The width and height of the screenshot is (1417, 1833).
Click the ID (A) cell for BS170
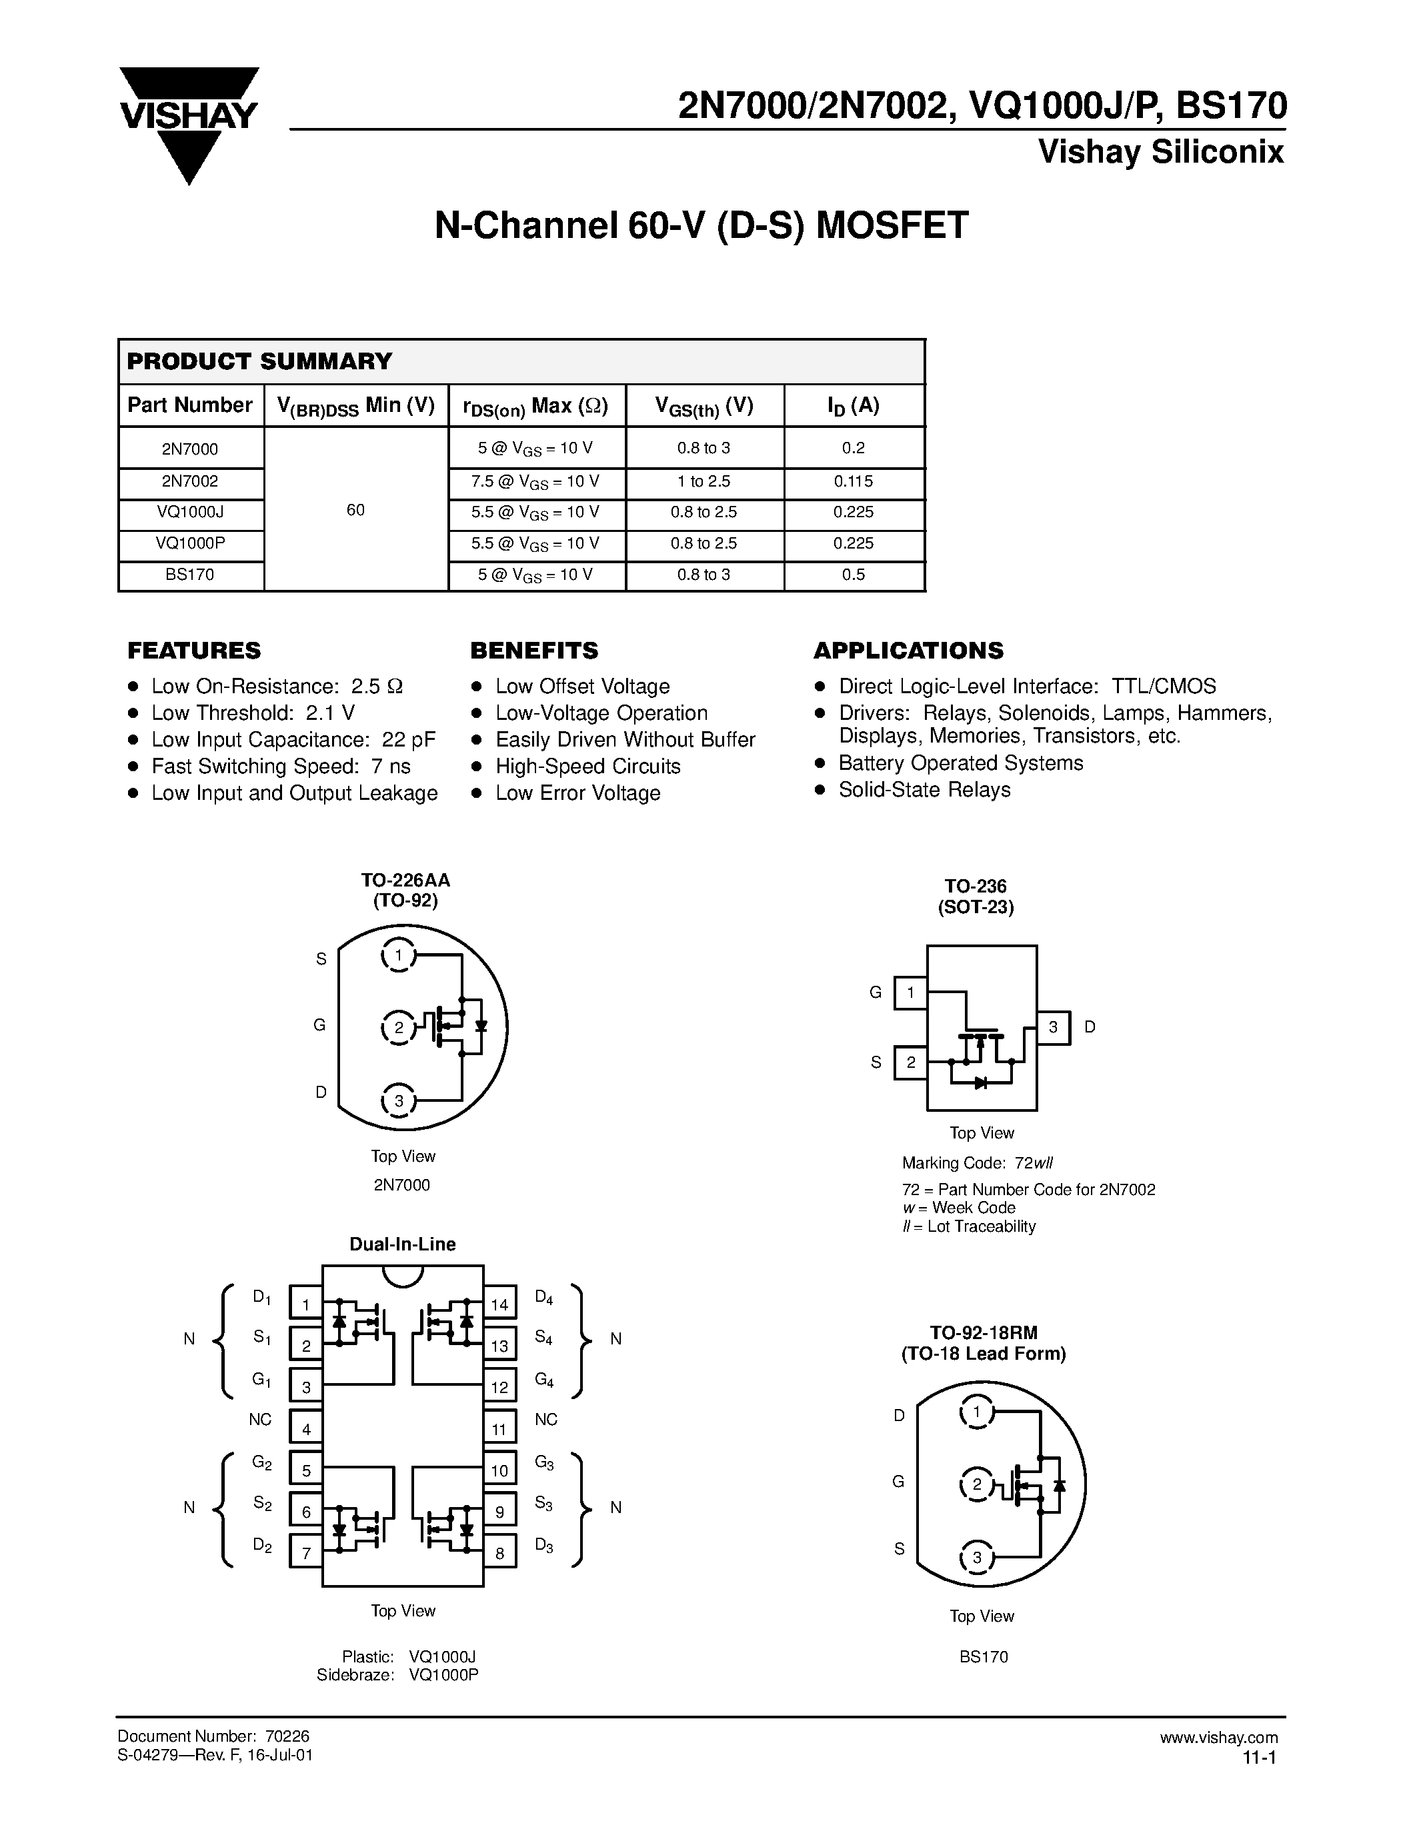pos(853,575)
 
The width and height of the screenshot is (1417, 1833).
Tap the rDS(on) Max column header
pos(535,406)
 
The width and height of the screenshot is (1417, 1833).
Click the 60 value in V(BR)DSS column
pos(355,509)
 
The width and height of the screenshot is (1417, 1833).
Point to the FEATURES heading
pos(194,651)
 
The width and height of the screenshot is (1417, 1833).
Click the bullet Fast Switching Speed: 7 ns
pos(280,767)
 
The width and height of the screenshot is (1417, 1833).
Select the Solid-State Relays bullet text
pos(924,790)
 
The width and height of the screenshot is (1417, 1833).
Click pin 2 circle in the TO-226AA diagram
pos(399,1027)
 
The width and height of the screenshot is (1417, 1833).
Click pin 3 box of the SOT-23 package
pos(1054,1026)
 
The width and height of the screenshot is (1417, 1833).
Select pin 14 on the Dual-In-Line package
pos(499,1304)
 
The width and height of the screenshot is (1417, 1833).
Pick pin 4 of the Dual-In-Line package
pos(306,1428)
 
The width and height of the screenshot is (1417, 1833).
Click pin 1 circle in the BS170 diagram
pos(976,1412)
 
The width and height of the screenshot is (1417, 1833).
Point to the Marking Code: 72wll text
pos(977,1163)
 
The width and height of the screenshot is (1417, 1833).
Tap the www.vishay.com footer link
pos(1218,1737)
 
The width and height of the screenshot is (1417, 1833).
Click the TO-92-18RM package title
pos(983,1334)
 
